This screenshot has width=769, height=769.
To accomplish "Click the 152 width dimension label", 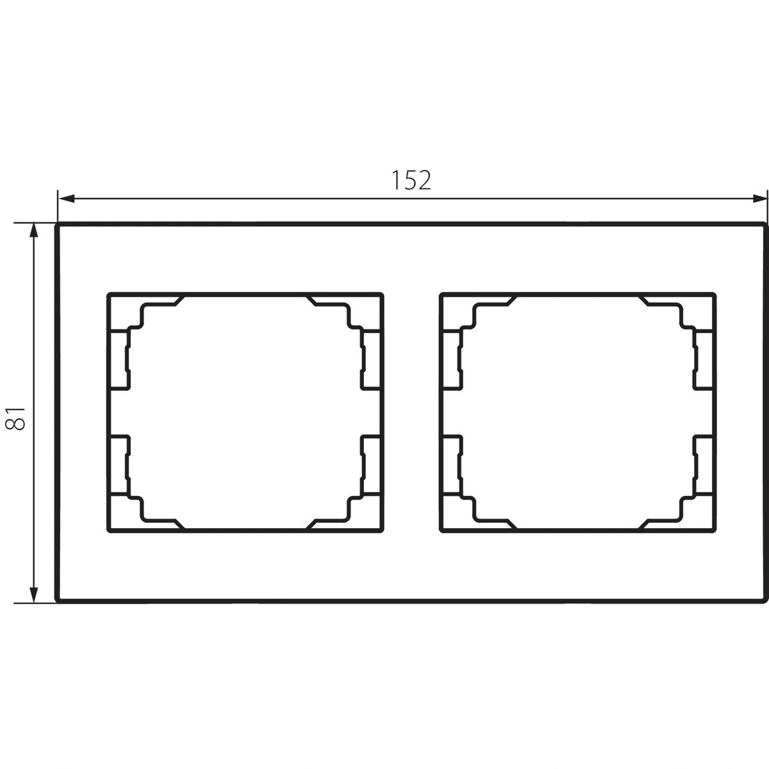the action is (411, 180).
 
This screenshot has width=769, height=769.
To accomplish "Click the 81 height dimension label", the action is (15, 418).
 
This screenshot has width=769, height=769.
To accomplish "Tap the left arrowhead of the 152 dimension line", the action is (66, 198).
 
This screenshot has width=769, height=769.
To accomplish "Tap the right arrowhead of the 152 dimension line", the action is (760, 198).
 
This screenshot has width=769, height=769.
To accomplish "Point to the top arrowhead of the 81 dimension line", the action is (34, 231).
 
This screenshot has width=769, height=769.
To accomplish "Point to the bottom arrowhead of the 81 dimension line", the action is (34, 594).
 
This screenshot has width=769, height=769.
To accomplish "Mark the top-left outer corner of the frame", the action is (56, 224).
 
